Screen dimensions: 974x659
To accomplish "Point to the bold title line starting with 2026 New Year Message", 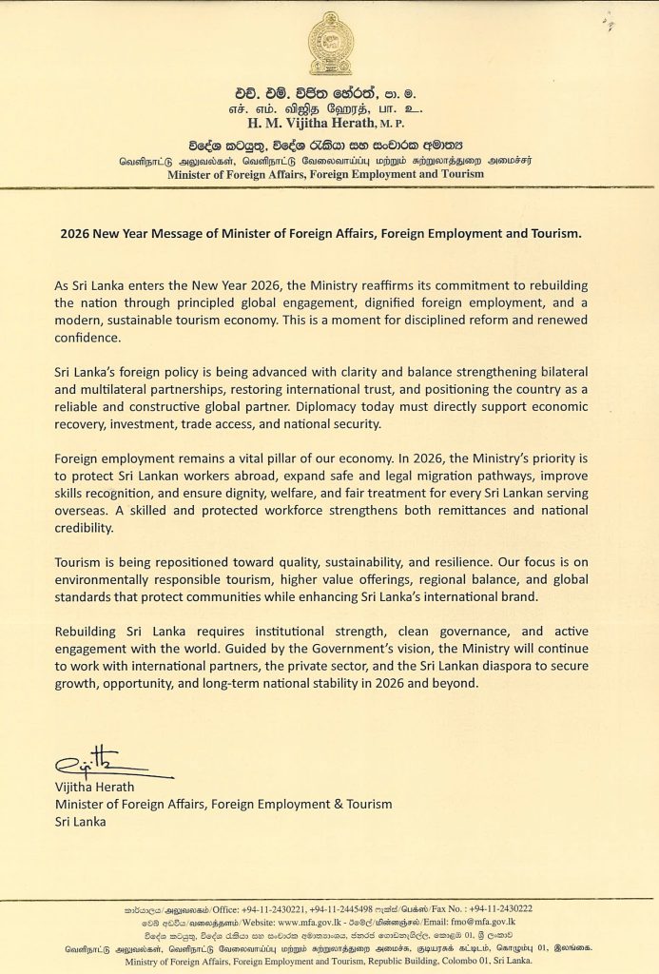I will pyautogui.click(x=328, y=233).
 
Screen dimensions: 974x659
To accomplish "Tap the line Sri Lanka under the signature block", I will pyautogui.click(x=81, y=821).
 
